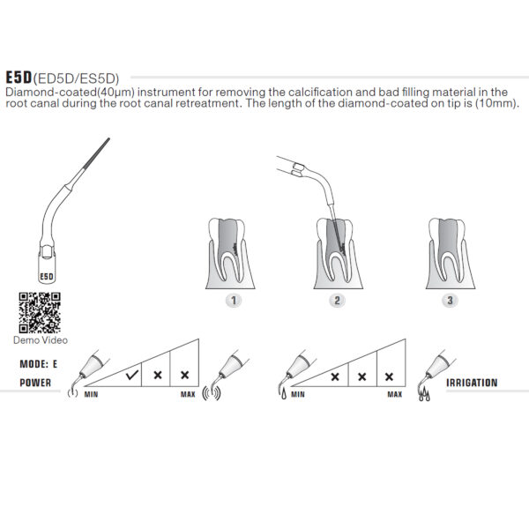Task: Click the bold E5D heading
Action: coord(19,77)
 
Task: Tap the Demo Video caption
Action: coord(40,339)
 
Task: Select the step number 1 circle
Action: coord(233,300)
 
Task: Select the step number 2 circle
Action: coord(337,300)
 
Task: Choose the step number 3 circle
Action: coord(451,300)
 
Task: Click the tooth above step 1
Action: coord(232,250)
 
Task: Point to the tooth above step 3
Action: coord(450,250)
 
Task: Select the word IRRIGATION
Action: coord(472,384)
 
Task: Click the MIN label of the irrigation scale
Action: coord(298,395)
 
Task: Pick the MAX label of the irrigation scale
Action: coord(394,395)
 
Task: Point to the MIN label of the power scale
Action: coord(91,395)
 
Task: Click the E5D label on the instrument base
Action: coord(48,275)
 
